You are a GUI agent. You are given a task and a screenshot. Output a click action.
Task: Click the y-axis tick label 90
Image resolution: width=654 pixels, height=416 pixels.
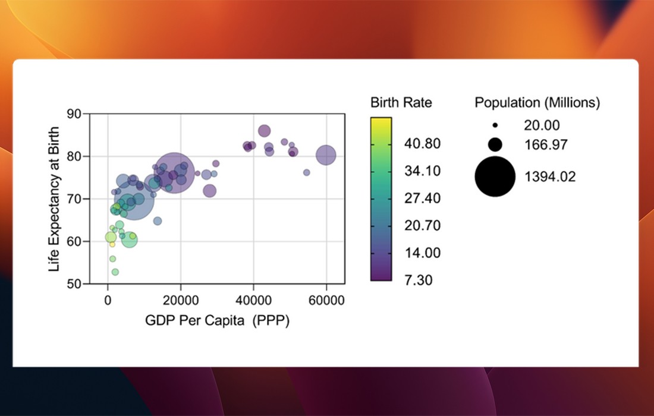(x=74, y=114)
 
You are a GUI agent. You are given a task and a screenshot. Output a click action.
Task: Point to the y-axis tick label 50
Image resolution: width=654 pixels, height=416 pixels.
(x=74, y=284)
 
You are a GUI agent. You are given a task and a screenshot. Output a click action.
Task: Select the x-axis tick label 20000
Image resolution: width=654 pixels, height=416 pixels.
(x=181, y=301)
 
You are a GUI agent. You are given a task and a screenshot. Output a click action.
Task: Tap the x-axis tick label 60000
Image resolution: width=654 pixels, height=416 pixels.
(x=326, y=301)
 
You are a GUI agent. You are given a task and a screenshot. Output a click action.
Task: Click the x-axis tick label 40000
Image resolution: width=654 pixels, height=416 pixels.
(x=254, y=301)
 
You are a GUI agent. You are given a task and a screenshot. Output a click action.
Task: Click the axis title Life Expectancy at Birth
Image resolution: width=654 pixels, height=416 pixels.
(x=55, y=198)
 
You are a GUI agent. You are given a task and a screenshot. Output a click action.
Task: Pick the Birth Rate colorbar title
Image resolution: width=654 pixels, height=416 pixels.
(x=401, y=102)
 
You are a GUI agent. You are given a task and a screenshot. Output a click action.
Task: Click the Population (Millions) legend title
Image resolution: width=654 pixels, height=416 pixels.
(x=537, y=102)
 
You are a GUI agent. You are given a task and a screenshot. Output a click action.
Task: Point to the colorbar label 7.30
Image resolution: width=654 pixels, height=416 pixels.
(x=419, y=280)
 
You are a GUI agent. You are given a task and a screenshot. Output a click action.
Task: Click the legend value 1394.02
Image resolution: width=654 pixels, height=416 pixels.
(x=551, y=177)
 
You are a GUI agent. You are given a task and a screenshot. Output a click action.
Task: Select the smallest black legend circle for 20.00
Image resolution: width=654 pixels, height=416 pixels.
(x=495, y=126)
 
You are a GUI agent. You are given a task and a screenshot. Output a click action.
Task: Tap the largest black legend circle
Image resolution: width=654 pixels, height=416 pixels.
(x=495, y=177)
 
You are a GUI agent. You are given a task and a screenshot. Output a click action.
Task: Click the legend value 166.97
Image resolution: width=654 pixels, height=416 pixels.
(x=546, y=144)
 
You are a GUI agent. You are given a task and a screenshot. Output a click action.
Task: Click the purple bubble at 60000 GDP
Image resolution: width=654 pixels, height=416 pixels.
(x=326, y=155)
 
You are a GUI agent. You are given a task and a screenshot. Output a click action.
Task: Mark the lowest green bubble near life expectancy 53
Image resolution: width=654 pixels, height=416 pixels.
(x=115, y=272)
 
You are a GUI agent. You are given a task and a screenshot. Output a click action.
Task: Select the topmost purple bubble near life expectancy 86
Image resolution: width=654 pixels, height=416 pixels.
(x=265, y=131)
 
